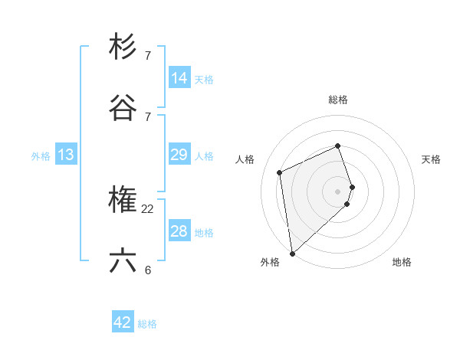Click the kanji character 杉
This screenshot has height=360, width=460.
pyautogui.click(x=123, y=47)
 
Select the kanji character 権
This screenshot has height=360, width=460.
pyautogui.click(x=123, y=200)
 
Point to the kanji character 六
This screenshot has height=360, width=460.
pyautogui.click(x=123, y=261)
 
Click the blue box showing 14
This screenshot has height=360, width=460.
pyautogui.click(x=179, y=77)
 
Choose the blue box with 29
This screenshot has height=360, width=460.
pyautogui.click(x=179, y=155)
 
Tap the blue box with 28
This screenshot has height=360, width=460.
pyautogui.click(x=179, y=231)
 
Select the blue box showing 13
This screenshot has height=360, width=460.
pyautogui.click(x=66, y=155)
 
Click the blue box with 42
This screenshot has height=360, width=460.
pyautogui.click(x=123, y=322)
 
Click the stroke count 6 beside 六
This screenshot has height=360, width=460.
pyautogui.click(x=148, y=270)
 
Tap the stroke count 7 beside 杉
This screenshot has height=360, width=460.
pyautogui.click(x=148, y=55)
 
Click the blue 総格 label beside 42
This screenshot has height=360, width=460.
pyautogui.click(x=147, y=324)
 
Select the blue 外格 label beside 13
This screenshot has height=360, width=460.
pyautogui.click(x=41, y=156)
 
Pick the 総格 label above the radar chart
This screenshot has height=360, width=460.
pyautogui.click(x=338, y=100)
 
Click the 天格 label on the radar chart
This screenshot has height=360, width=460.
pyautogui.click(x=432, y=159)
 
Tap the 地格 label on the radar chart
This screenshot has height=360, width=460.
pyautogui.click(x=402, y=262)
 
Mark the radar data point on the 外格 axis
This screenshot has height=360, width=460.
pyautogui.click(x=292, y=253)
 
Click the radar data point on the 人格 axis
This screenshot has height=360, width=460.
pyautogui.click(x=280, y=172)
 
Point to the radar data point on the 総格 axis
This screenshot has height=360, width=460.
pyautogui.click(x=338, y=146)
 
